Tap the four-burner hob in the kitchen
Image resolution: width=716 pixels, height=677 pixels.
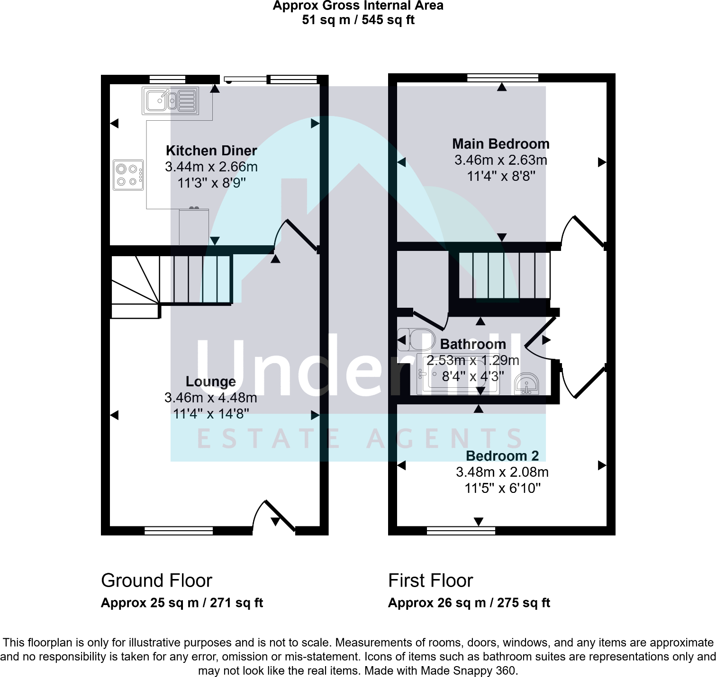128,175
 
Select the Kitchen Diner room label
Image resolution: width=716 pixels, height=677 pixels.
211,151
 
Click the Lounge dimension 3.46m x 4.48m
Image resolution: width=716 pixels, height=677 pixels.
211,398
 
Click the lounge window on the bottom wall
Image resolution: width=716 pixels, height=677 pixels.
179,531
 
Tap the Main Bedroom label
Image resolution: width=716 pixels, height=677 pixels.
500,144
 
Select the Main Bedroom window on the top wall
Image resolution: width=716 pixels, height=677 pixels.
502,78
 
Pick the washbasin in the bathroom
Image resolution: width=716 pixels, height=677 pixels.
526,384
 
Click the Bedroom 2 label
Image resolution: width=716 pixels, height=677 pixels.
502,456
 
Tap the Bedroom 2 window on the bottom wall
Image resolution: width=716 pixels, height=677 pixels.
461,531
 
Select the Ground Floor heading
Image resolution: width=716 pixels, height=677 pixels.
156,580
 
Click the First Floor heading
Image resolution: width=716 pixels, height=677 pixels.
430,580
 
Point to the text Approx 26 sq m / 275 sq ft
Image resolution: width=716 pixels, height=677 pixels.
469,603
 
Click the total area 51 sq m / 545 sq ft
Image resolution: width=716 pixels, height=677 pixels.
358,20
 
